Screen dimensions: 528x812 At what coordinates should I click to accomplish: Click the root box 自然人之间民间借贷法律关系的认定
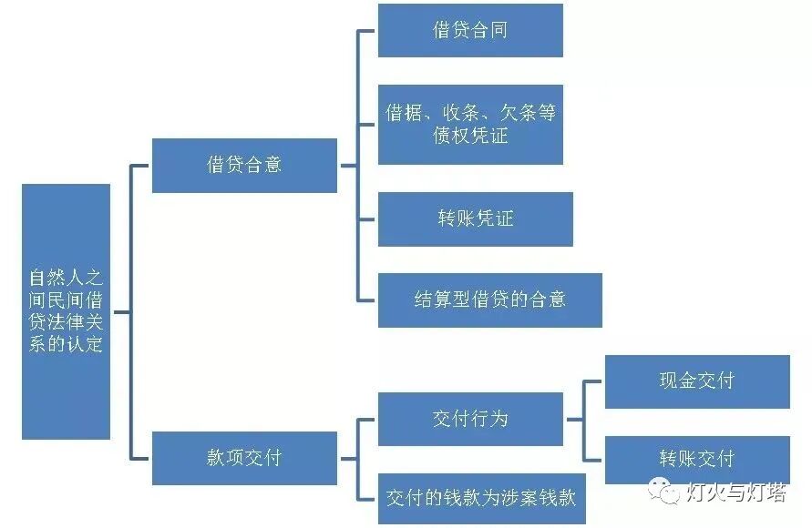coord(66,311)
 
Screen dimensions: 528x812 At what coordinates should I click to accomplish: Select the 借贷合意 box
coord(244,165)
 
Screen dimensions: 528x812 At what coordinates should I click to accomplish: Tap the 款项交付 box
coord(244,457)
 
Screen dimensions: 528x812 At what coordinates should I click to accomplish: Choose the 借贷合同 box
coord(469,30)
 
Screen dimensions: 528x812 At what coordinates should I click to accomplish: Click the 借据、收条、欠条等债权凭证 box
coord(469,124)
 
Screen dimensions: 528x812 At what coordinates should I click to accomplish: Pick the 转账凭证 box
coord(475,218)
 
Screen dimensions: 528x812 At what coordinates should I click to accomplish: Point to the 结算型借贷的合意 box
coord(489,300)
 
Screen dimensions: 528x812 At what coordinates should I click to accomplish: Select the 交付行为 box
coord(469,419)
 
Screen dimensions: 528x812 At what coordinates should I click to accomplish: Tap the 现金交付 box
coord(697,381)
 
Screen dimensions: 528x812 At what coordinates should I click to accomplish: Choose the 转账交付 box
coord(697,459)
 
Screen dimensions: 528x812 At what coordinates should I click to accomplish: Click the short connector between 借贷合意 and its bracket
coord(348,166)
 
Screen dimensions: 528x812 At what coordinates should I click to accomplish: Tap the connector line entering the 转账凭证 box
coord(367,219)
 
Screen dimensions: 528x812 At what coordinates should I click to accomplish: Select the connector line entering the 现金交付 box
coord(595,381)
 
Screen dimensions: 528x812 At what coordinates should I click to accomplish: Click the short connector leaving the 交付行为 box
coord(574,420)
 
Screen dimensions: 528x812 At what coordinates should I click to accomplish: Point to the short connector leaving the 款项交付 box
coord(348,458)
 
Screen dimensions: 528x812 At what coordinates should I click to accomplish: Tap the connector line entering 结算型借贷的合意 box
coord(367,300)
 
